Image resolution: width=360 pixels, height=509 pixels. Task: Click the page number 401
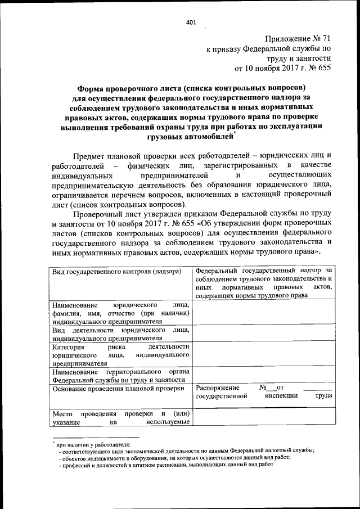tap(190, 23)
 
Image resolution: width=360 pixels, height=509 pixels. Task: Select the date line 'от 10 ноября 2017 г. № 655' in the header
tap(283, 69)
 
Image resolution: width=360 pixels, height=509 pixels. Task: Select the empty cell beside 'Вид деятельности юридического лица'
tap(264, 334)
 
